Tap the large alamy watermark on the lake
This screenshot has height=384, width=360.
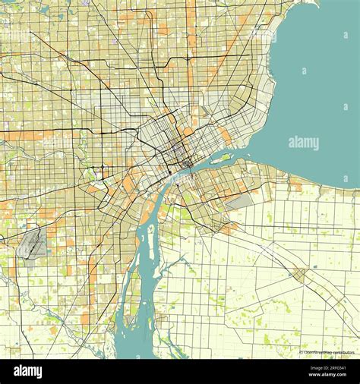click(x=303, y=143)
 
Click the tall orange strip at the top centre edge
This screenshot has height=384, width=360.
click(x=192, y=23)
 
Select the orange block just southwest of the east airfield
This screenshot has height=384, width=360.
click(x=227, y=226)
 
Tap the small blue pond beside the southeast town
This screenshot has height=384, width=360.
click(x=312, y=268)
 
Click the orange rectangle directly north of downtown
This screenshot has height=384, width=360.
click(x=188, y=131)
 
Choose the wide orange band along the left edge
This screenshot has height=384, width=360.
click(x=23, y=135)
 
